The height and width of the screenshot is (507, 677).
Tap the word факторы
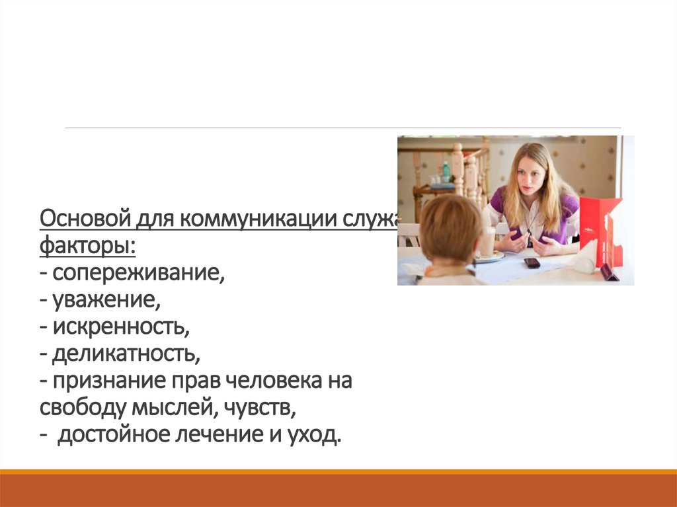pos(86,247)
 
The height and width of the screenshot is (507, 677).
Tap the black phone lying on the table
pos(532,262)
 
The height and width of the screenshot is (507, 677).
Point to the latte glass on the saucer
pos(487,242)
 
